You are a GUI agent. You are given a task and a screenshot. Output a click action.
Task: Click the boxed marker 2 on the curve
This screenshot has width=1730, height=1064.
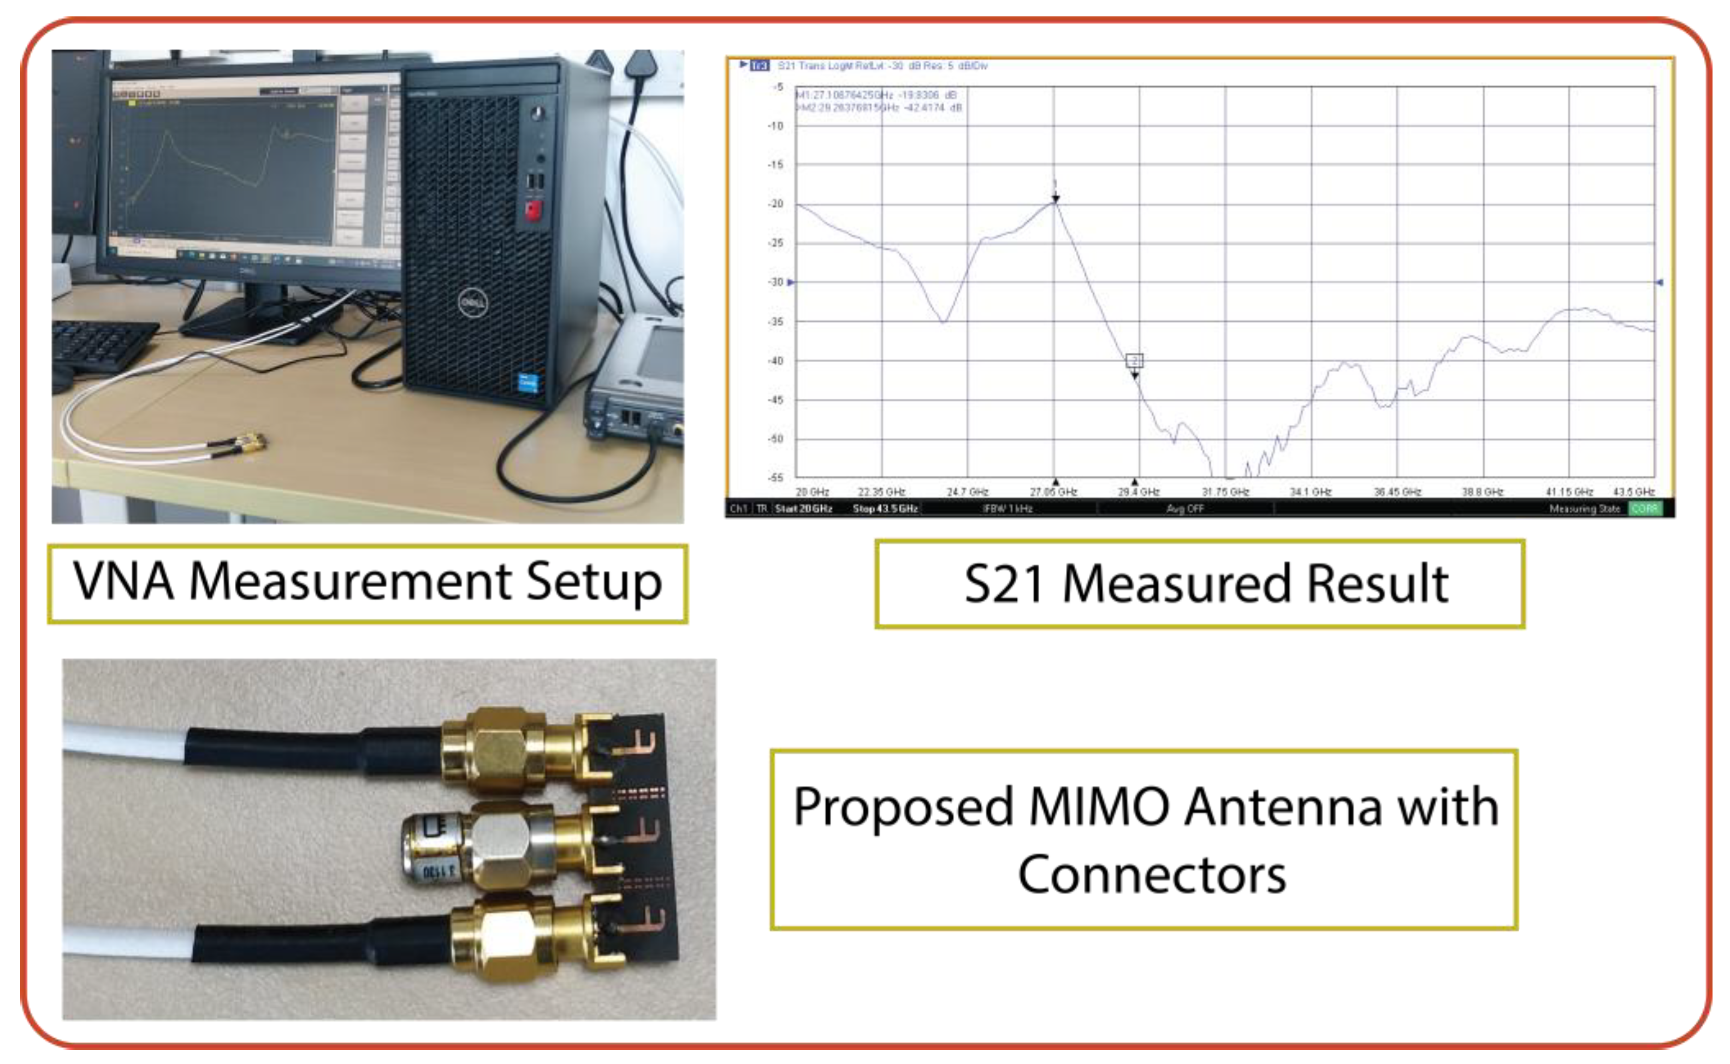(1134, 361)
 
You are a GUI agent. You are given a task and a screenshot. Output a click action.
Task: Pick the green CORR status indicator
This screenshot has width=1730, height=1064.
(1645, 508)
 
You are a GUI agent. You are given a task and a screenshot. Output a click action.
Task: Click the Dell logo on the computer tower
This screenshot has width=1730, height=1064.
(473, 303)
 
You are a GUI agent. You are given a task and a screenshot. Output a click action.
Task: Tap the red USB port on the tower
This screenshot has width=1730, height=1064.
(535, 210)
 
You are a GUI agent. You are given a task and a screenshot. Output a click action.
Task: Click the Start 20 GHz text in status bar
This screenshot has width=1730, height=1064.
(803, 508)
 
